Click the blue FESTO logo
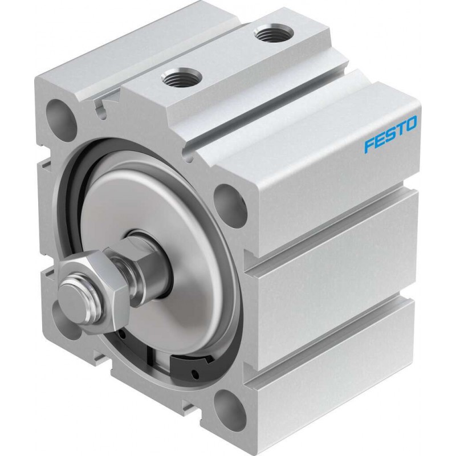point(390,134)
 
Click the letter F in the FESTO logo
point(369,145)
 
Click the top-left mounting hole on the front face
point(59,116)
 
